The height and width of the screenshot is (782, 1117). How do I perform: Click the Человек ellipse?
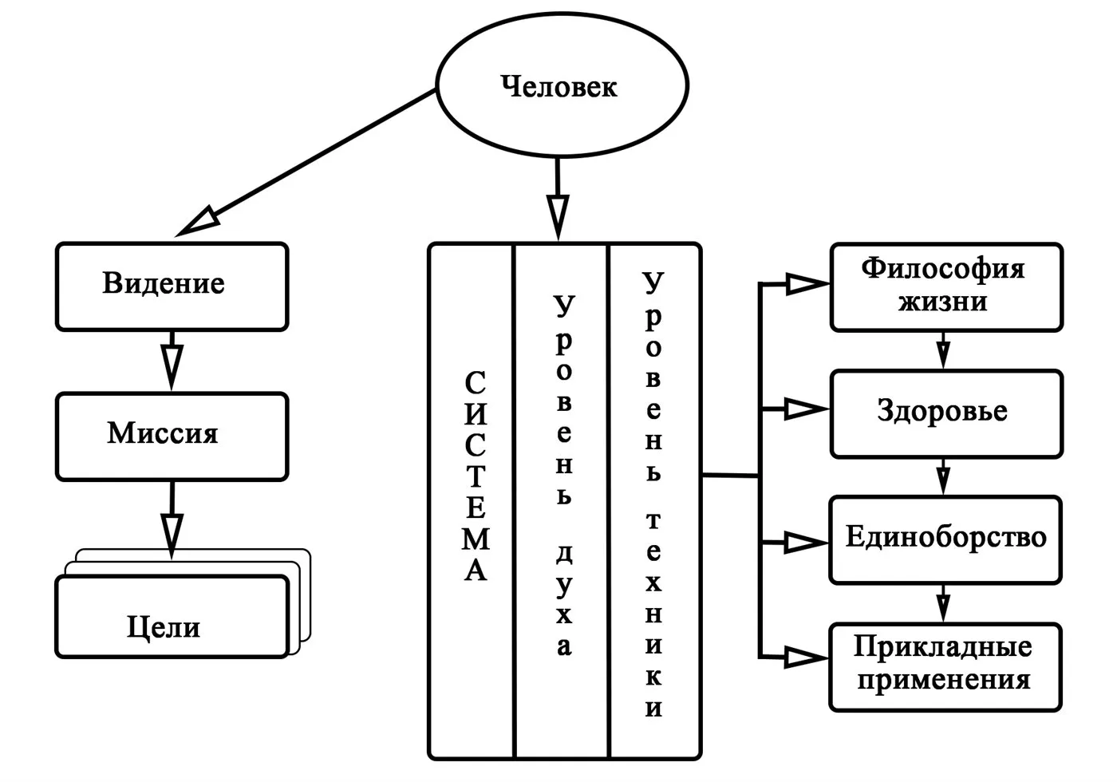pyautogui.click(x=561, y=86)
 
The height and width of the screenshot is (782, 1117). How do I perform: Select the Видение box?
pyautogui.click(x=171, y=286)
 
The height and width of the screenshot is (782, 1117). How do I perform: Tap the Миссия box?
pyautogui.click(x=171, y=435)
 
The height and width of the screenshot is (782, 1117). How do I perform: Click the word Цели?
pyautogui.click(x=164, y=627)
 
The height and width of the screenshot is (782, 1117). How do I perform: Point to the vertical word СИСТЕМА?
pyautogui.click(x=475, y=476)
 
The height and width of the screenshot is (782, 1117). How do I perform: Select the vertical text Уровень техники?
pyautogui.click(x=653, y=495)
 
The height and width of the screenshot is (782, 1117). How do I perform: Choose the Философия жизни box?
pyautogui.click(x=946, y=286)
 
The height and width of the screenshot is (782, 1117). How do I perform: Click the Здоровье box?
pyautogui.click(x=946, y=413)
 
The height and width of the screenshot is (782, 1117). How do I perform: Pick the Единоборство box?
pyautogui.click(x=946, y=539)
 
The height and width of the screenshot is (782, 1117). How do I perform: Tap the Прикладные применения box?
pyautogui.click(x=946, y=665)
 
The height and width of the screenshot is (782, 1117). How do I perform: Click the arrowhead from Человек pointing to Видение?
pyautogui.click(x=197, y=221)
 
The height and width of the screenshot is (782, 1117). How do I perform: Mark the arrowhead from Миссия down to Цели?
pyautogui.click(x=172, y=531)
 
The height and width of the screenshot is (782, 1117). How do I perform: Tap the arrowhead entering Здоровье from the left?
pyautogui.click(x=804, y=410)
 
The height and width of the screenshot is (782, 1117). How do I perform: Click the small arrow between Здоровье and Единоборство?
pyautogui.click(x=943, y=480)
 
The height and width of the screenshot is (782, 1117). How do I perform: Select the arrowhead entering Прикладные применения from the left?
pyautogui.click(x=804, y=658)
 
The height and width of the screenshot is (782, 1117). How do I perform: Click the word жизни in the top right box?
pyautogui.click(x=942, y=303)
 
